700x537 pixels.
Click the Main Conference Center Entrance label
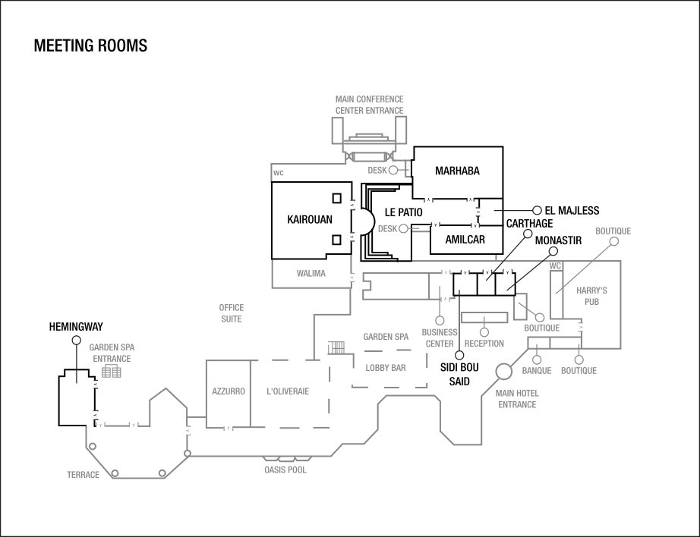pos(369,105)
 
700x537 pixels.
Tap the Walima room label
pos(311,274)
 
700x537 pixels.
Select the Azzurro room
pos(228,392)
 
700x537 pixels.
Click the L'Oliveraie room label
pos(288,392)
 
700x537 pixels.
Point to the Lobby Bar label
pos(386,368)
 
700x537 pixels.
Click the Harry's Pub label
pos(591,296)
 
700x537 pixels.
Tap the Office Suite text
pos(231,313)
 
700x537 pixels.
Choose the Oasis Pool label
pos(285,470)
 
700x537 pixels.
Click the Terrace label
pos(83,476)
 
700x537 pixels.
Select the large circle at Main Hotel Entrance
pos(503,372)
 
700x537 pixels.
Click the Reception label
pos(484,344)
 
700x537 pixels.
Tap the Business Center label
pos(440,338)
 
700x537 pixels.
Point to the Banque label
pos(537,371)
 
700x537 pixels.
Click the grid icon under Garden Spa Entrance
pos(112,372)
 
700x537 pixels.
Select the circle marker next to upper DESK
pos(393,171)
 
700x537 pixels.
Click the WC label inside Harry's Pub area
pos(555,266)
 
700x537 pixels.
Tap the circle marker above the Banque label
pos(537,360)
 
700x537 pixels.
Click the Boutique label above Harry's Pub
pos(613,231)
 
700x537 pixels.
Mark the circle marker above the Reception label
pos(484,332)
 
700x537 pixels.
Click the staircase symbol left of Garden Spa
pos(336,348)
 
